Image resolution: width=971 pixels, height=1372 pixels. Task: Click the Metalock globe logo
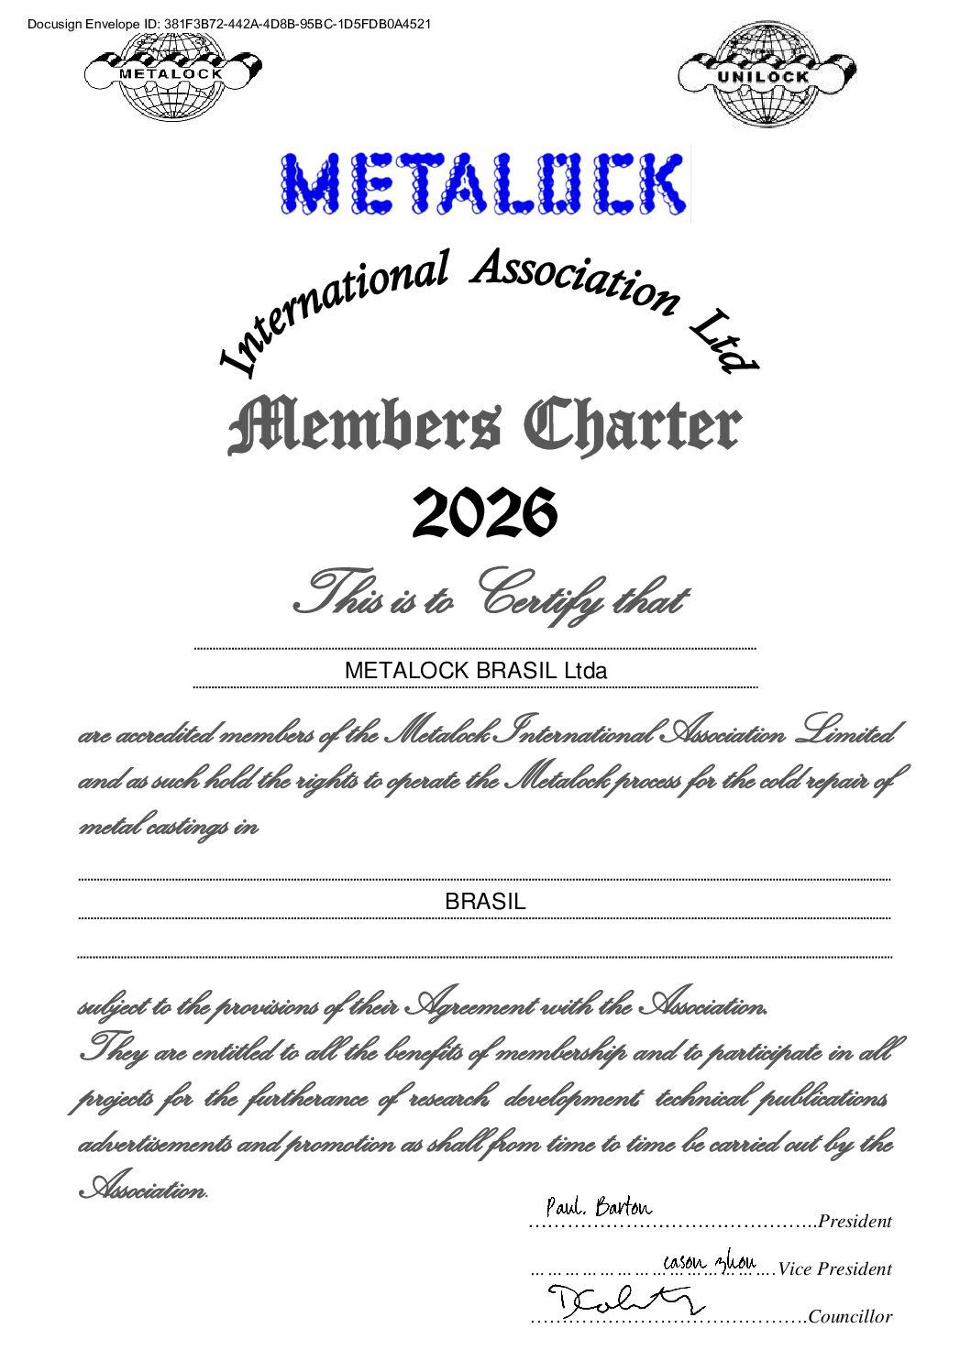(x=172, y=77)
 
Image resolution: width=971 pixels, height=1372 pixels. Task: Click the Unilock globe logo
(x=766, y=75)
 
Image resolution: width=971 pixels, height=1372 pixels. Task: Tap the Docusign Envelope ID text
(x=229, y=24)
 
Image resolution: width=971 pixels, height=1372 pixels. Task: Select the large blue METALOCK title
(x=484, y=184)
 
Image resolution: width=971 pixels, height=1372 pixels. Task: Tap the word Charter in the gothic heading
(x=632, y=427)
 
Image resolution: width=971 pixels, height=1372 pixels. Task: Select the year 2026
(x=484, y=513)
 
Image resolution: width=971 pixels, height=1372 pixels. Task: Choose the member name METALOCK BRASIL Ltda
(x=475, y=670)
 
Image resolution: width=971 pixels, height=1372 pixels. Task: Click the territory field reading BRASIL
(x=485, y=902)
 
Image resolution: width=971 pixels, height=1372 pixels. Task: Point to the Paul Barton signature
(x=598, y=1207)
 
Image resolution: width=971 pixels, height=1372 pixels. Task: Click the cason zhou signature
(x=709, y=1260)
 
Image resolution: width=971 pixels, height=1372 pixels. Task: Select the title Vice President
(x=834, y=1269)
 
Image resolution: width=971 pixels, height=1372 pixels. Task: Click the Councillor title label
(x=850, y=1317)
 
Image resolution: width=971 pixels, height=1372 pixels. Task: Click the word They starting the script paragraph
(x=114, y=1050)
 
